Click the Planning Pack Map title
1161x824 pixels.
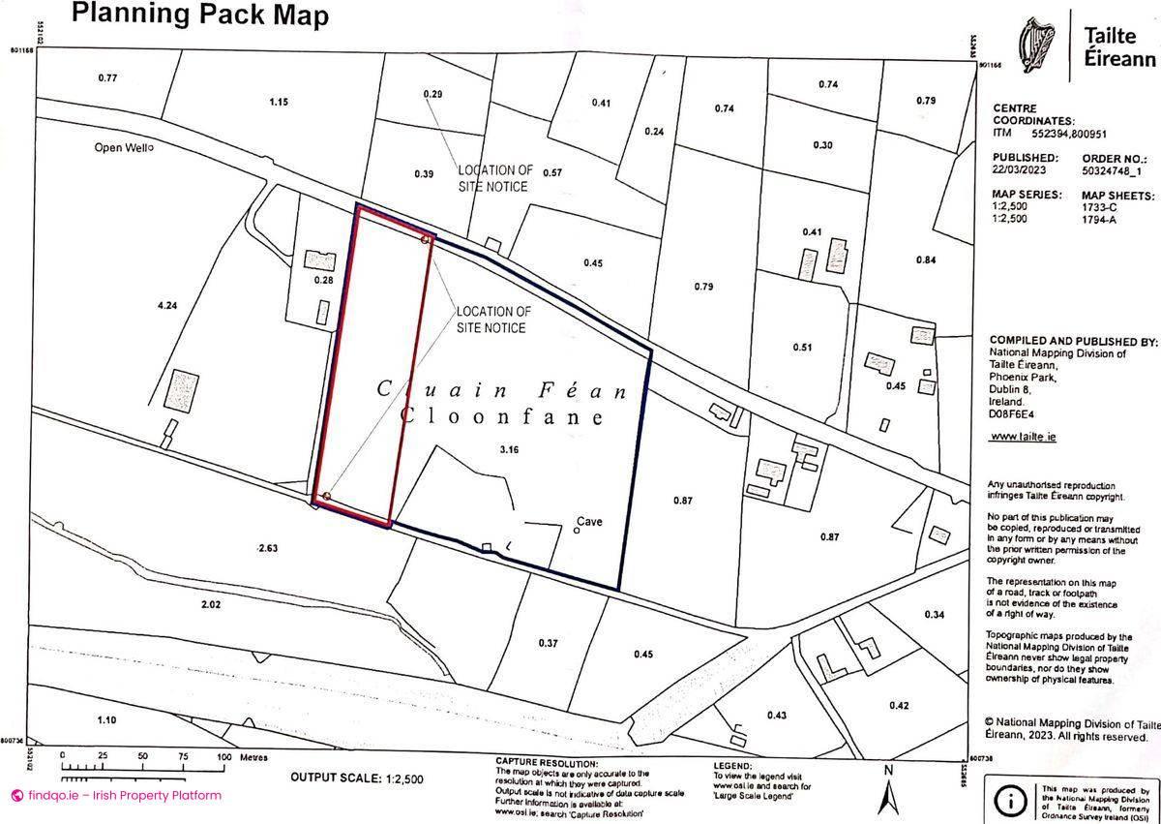coord(200,15)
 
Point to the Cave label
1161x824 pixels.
coord(589,522)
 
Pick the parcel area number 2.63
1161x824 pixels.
coord(268,548)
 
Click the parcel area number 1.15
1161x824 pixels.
coord(280,102)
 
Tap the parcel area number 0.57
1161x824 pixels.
coord(552,173)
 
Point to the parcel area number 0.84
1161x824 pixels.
coord(926,259)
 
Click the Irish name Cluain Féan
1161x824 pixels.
coord(501,391)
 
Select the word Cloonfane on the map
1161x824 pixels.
coord(501,417)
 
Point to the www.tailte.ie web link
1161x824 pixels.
coord(1023,437)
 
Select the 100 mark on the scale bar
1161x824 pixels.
coord(223,757)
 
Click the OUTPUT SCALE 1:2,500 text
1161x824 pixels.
coord(356,778)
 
